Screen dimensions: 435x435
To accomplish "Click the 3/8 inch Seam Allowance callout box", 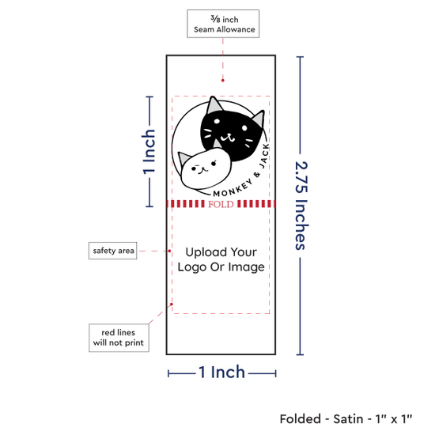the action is (x=223, y=24).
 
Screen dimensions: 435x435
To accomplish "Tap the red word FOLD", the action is (x=221, y=205).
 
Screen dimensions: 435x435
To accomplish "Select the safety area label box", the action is (x=112, y=251).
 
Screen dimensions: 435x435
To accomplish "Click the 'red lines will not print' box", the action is (x=119, y=338).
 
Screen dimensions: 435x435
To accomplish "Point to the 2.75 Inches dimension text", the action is (x=301, y=206).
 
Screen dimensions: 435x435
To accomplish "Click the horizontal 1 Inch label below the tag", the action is (x=222, y=372).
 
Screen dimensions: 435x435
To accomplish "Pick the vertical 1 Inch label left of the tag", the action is (x=149, y=152).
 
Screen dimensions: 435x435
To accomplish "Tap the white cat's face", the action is (x=206, y=168).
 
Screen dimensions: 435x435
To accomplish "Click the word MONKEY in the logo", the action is (x=233, y=188).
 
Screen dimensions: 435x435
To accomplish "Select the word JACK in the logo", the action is (x=264, y=156).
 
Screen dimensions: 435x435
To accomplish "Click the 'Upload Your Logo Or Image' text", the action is (x=221, y=259).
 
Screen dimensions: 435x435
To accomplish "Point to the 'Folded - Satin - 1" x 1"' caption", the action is (x=346, y=418).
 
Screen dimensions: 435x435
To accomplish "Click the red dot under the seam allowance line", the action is (x=223, y=81).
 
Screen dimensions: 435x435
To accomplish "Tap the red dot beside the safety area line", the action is (x=169, y=251).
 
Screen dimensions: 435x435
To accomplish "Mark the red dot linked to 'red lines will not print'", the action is (x=172, y=304).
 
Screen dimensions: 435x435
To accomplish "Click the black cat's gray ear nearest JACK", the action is (x=259, y=119).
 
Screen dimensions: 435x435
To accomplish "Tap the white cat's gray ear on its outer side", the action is (x=183, y=159).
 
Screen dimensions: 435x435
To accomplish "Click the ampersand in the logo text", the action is (x=257, y=175).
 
